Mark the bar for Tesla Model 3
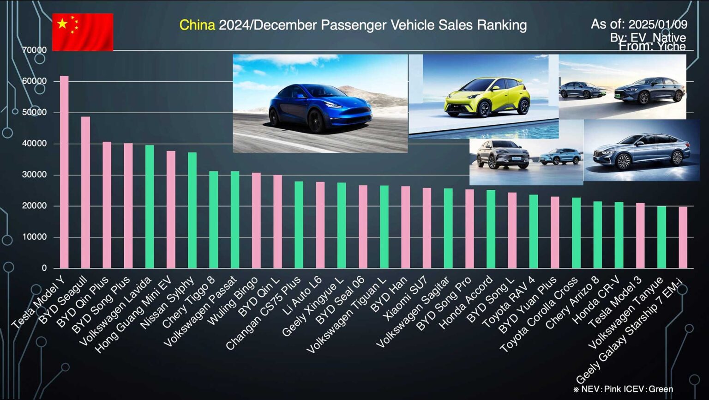pyautogui.click(x=640, y=236)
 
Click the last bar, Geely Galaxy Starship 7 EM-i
pyautogui.click(x=683, y=237)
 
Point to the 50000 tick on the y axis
pyautogui.click(x=35, y=112)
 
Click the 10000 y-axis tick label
pyautogui.click(x=35, y=237)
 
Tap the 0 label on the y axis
pyautogui.click(x=44, y=268)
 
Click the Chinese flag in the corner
pyautogui.click(x=83, y=32)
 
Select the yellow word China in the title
pyautogui.click(x=197, y=25)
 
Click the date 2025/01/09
pyautogui.click(x=658, y=24)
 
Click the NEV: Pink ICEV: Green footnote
pyautogui.click(x=623, y=389)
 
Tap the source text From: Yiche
pyautogui.click(x=652, y=46)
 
